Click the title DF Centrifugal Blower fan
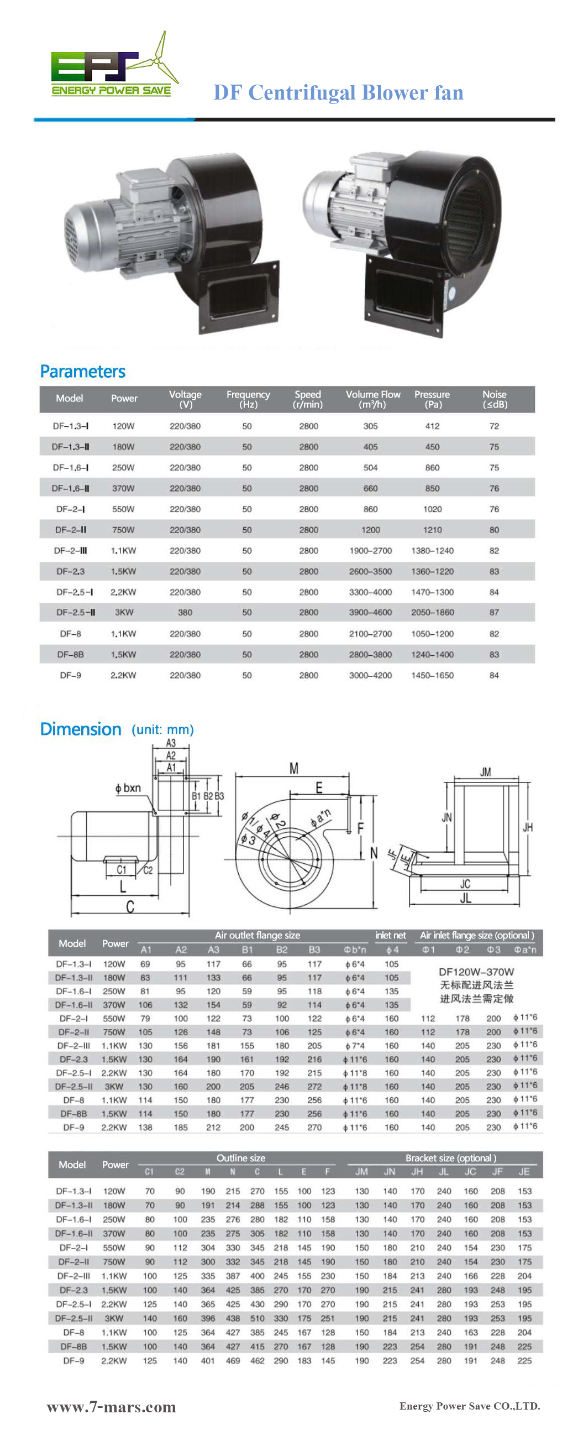click(x=338, y=92)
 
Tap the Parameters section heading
click(x=82, y=372)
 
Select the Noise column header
click(x=494, y=399)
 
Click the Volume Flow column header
click(x=372, y=399)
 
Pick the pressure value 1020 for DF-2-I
click(x=432, y=509)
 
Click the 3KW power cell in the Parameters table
click(x=124, y=612)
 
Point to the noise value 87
click(x=494, y=612)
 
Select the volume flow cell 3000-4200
click(x=370, y=675)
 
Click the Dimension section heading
click(x=81, y=729)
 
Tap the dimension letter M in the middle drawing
click(x=293, y=769)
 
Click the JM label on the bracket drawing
click(x=485, y=772)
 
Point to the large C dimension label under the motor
click(x=130, y=907)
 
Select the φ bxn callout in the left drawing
click(x=128, y=788)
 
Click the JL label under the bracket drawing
click(x=465, y=897)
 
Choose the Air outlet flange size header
click(x=258, y=935)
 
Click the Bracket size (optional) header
click(x=450, y=1158)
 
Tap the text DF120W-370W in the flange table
click(x=476, y=972)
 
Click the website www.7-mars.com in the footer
click(x=112, y=1407)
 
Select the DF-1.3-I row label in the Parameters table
click(x=71, y=426)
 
